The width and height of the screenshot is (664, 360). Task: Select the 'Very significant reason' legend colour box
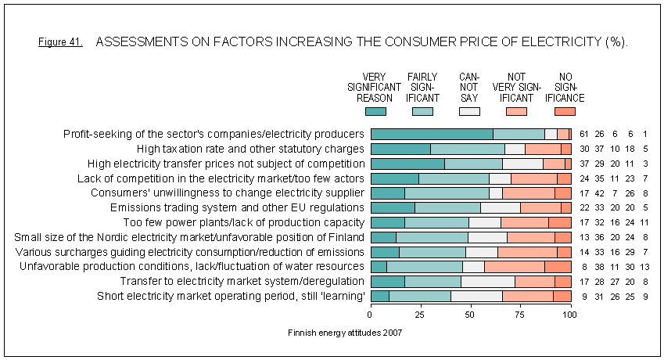coord(375,112)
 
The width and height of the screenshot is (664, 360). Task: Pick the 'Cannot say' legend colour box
coord(468,112)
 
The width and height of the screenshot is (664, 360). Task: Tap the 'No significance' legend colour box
coord(564,112)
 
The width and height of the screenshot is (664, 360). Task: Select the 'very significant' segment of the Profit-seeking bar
coord(431,134)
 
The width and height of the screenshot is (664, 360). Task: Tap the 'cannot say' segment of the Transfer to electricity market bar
coord(488,282)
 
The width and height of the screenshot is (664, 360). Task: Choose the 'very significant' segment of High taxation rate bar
coord(400,149)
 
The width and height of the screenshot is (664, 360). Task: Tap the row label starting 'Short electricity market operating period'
coord(231,297)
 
